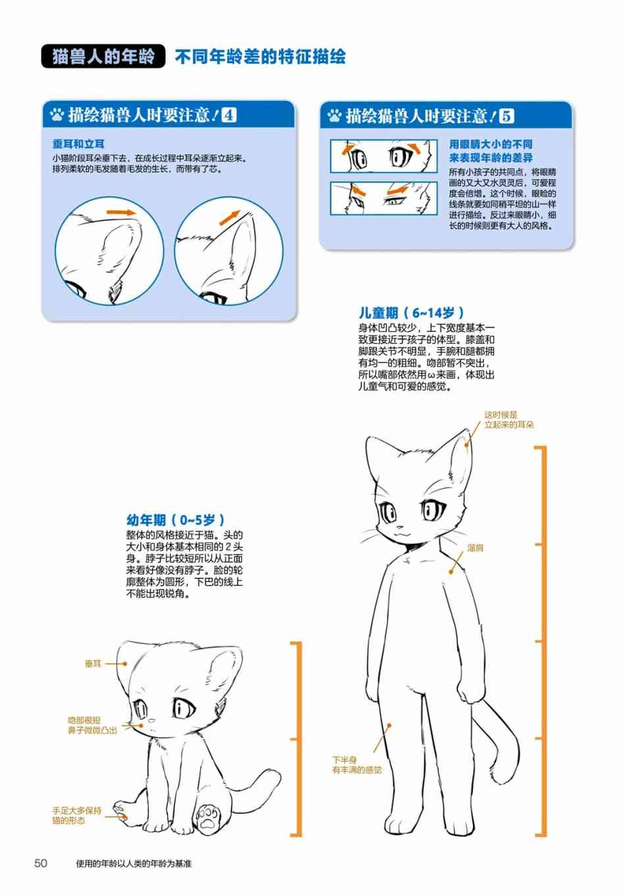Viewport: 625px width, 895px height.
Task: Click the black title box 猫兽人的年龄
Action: pos(103,57)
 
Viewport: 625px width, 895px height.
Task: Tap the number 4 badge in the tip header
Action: pos(229,115)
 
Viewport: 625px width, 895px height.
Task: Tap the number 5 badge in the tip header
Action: pos(507,116)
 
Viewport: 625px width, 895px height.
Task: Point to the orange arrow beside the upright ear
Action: pos(230,218)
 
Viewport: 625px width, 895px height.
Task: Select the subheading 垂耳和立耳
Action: pos(78,144)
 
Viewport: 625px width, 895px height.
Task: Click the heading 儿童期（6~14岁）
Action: pos(411,313)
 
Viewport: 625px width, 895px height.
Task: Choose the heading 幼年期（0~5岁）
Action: pos(176,520)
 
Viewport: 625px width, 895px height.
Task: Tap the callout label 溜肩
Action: pos(475,548)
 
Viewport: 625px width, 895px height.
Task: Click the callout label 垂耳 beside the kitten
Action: pos(93,664)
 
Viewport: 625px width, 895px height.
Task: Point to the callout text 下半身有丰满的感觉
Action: pos(357,765)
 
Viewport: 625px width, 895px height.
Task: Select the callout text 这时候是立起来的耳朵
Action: pos(509,420)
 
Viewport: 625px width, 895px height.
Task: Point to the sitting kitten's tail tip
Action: pos(276,775)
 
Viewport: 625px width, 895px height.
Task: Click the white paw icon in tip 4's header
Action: pos(57,115)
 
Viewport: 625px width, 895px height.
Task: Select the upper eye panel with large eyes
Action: pos(384,156)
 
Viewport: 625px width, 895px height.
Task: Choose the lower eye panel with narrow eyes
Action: pos(384,199)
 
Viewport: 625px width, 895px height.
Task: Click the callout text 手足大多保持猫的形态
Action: pos(77,815)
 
